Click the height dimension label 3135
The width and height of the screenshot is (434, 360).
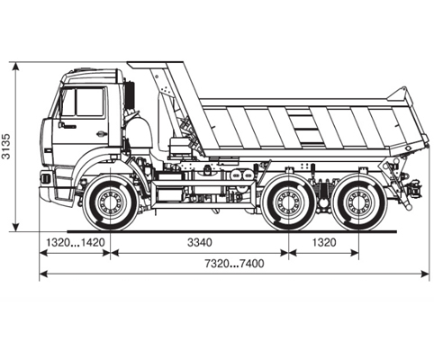(6, 147)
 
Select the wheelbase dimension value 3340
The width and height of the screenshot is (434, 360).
(200, 242)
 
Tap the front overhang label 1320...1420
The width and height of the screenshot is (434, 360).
(75, 242)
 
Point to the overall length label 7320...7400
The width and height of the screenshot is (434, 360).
(234, 264)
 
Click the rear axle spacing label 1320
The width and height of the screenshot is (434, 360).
(324, 242)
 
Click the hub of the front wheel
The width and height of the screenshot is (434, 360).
(110, 202)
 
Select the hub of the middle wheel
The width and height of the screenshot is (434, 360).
(288, 202)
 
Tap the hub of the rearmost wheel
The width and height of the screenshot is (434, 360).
(358, 202)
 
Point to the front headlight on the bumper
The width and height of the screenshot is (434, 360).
(45, 177)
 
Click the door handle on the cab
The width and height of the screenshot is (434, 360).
(102, 133)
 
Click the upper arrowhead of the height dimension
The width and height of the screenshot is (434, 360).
(16, 67)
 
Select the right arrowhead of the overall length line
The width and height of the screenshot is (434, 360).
(425, 274)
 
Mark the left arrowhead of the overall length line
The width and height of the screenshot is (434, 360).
(44, 274)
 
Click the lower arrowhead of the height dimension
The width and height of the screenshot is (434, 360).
(16, 228)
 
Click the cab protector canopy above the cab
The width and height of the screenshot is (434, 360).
(155, 65)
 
